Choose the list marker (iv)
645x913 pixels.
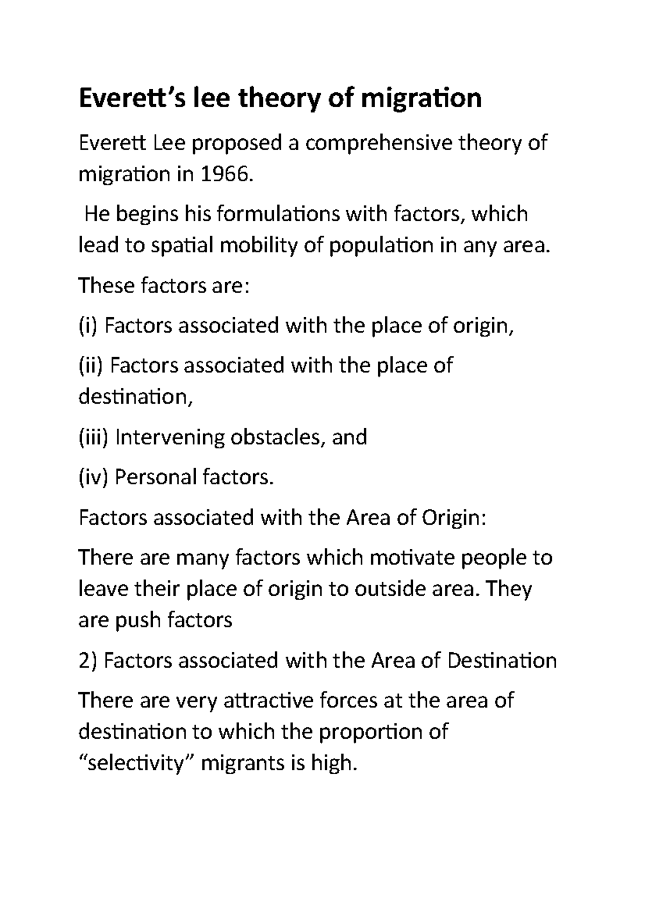tap(94, 477)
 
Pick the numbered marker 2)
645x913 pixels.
tap(88, 660)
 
